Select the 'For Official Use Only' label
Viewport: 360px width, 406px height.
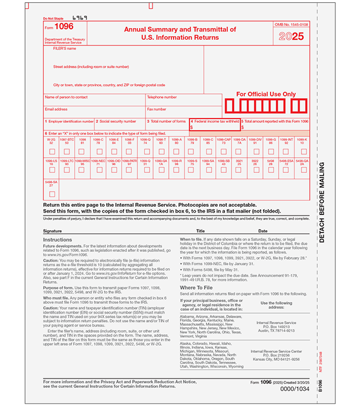pos(266,94)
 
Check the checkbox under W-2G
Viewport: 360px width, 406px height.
pos(51,151)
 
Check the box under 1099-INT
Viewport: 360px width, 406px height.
pos(287,151)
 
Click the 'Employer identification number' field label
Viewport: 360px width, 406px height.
pos(70,121)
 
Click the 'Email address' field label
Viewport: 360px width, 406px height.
pos(56,109)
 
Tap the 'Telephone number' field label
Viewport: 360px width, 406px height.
pos(162,97)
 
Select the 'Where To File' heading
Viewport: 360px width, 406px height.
pos(196,287)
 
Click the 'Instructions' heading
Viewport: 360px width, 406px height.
pos(58,240)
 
